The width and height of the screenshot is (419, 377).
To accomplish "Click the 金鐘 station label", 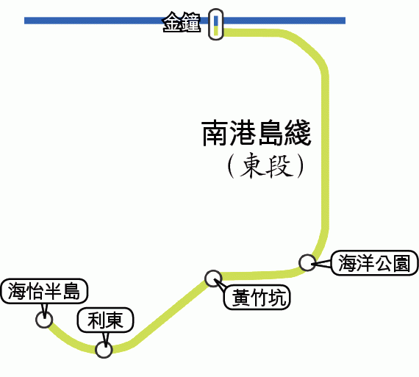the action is click(182, 23).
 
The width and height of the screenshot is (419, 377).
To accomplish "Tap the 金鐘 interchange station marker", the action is click(215, 24).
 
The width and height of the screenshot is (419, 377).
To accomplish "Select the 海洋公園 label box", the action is click(374, 263).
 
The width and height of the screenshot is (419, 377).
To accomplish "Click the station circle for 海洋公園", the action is click(307, 262).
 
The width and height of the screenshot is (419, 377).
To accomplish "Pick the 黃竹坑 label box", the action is click(257, 297).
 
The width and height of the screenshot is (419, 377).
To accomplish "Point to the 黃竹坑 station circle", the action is click(213, 279).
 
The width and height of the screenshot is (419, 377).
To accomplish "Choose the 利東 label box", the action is click(105, 320).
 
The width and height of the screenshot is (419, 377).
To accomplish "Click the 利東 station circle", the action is click(104, 350).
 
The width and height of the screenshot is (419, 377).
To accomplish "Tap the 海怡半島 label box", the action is click(44, 291).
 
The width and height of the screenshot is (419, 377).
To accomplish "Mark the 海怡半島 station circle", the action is click(44, 319).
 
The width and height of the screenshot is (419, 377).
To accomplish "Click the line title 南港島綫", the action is click(257, 133).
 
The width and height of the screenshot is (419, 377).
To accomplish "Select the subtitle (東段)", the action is click(266, 165).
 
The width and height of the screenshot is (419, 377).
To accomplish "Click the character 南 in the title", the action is click(215, 133).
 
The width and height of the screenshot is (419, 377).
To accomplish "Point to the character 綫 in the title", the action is click(298, 133).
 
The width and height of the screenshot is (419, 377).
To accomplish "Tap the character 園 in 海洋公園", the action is click(401, 263).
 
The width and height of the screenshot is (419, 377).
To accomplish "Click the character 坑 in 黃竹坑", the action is click(278, 298).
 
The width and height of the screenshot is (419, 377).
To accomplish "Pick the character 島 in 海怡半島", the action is click(71, 291).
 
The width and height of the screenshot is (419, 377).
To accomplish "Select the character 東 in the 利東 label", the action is click(115, 320).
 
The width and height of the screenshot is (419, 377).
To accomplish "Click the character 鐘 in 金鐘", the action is click(191, 23).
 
